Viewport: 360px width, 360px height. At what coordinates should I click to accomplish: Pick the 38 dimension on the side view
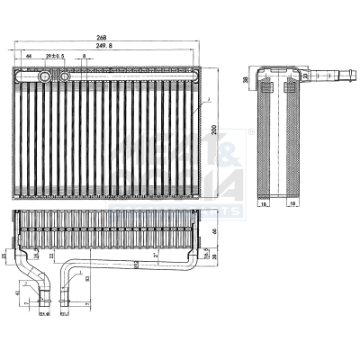[247, 79]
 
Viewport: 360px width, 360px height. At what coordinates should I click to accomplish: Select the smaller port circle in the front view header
[65, 77]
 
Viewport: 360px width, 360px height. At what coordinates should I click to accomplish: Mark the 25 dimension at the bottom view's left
[4, 257]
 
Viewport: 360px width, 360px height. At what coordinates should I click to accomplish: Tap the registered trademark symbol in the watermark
[250, 131]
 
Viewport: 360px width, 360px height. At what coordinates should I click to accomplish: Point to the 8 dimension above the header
[85, 57]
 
